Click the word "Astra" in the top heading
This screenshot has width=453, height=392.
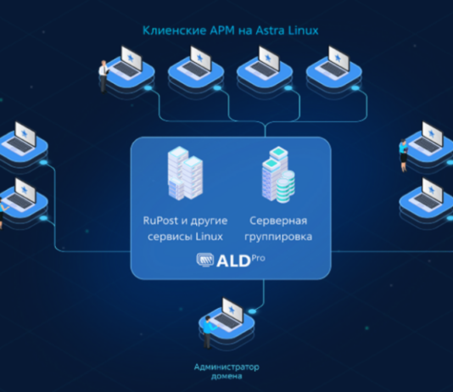tap(270, 31)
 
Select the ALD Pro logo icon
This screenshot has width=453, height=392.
tap(205, 260)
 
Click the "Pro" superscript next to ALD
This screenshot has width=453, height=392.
tap(258, 258)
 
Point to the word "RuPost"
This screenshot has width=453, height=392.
tap(160, 221)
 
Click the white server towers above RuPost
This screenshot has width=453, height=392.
tap(185, 173)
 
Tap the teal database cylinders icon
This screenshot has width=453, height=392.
tap(285, 187)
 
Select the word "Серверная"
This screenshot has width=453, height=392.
tap(278, 221)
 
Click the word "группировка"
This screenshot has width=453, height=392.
tap(278, 237)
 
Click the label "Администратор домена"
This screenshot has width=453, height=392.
tap(226, 372)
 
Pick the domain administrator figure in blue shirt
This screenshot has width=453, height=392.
tap(208, 333)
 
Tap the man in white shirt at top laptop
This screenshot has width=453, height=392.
tap(103, 76)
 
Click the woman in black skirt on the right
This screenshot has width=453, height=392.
tap(403, 155)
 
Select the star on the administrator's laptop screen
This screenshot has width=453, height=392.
tap(232, 310)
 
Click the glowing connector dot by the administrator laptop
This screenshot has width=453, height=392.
tap(252, 311)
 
